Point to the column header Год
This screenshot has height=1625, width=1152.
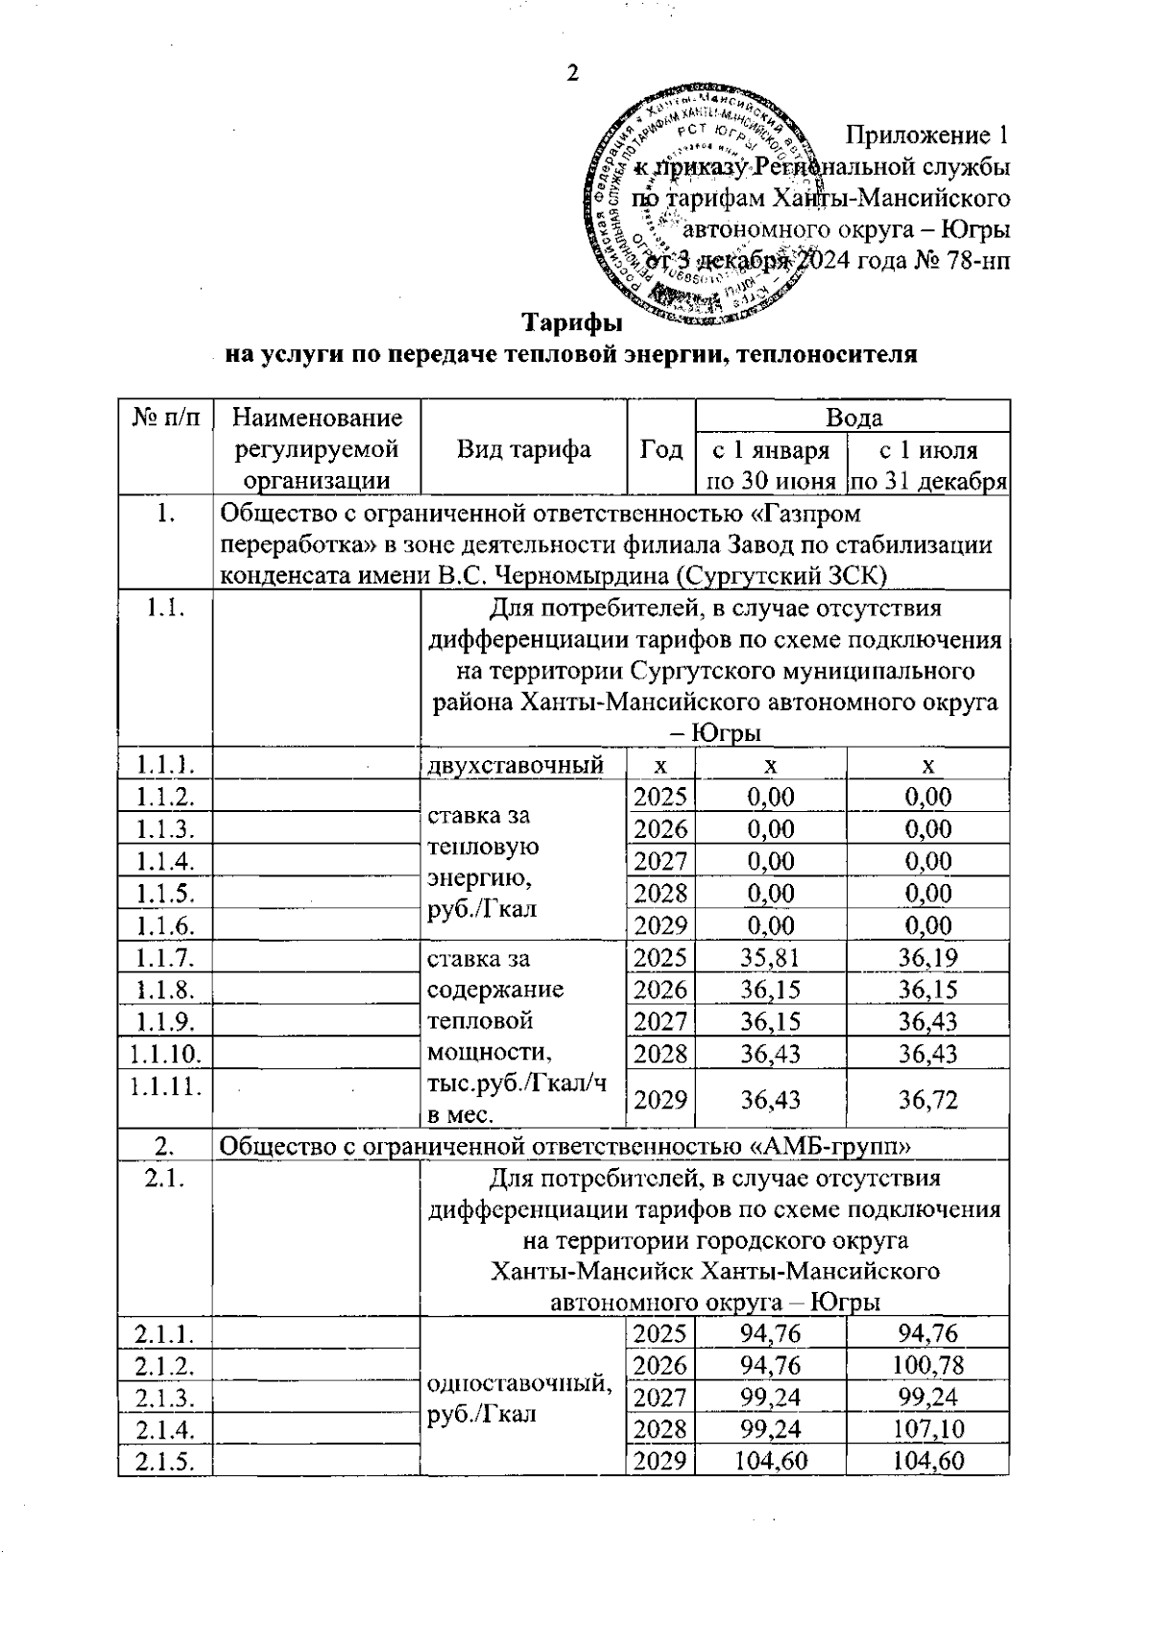coord(660,449)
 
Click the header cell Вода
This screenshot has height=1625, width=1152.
coord(853,418)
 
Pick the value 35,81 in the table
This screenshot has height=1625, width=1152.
coord(770,957)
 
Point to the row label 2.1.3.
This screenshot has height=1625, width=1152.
coord(165,1397)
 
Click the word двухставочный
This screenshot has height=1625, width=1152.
coord(515,765)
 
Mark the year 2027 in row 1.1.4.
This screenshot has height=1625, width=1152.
coord(660,861)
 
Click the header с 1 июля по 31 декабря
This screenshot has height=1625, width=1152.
coord(928,466)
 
